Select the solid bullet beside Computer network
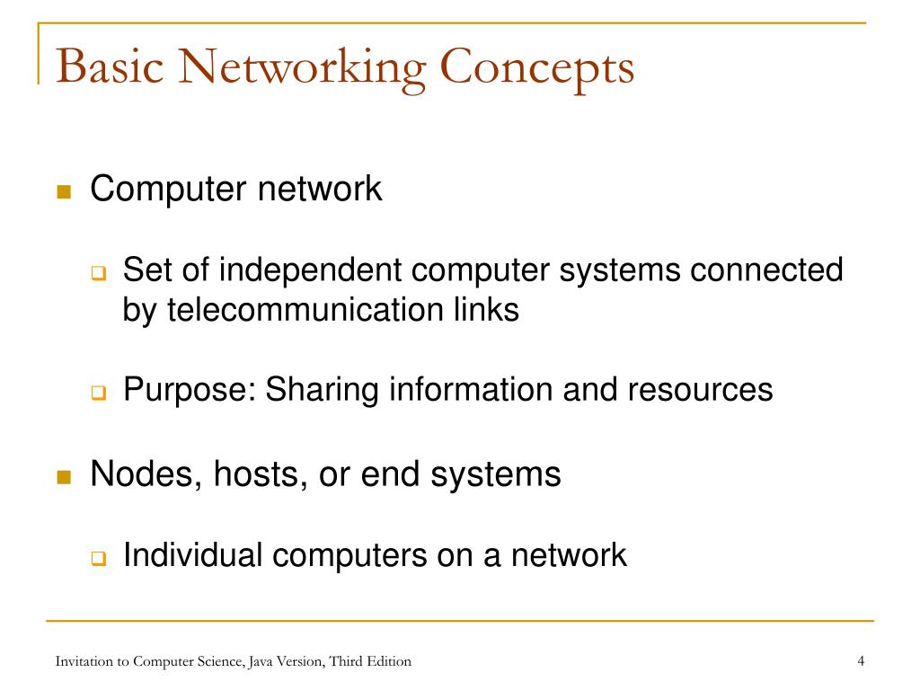pyautogui.click(x=64, y=192)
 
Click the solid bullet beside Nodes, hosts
pyautogui.click(x=64, y=476)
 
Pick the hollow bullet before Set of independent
pyautogui.click(x=99, y=273)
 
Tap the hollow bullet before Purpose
pyautogui.click(x=99, y=392)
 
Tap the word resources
pyautogui.click(x=700, y=390)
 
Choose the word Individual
pyautogui.click(x=192, y=554)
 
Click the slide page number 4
pyautogui.click(x=861, y=661)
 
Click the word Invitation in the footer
pyautogui.click(x=84, y=661)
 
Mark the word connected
pyautogui.click(x=766, y=270)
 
